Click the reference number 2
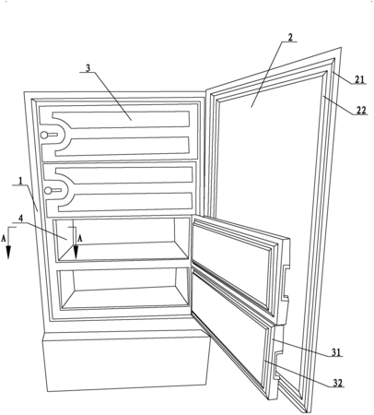290,37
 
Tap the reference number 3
88,68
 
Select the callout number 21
359,79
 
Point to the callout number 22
361,110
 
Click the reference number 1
20,181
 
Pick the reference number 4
20,219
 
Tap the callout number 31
336,352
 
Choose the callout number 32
338,383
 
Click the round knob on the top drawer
44,135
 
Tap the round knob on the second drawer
48,191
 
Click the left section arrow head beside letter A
8,252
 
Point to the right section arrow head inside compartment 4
76,252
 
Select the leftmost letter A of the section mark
4,239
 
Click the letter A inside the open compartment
79,239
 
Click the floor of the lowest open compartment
125,297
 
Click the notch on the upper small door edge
286,282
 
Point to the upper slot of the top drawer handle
122,119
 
